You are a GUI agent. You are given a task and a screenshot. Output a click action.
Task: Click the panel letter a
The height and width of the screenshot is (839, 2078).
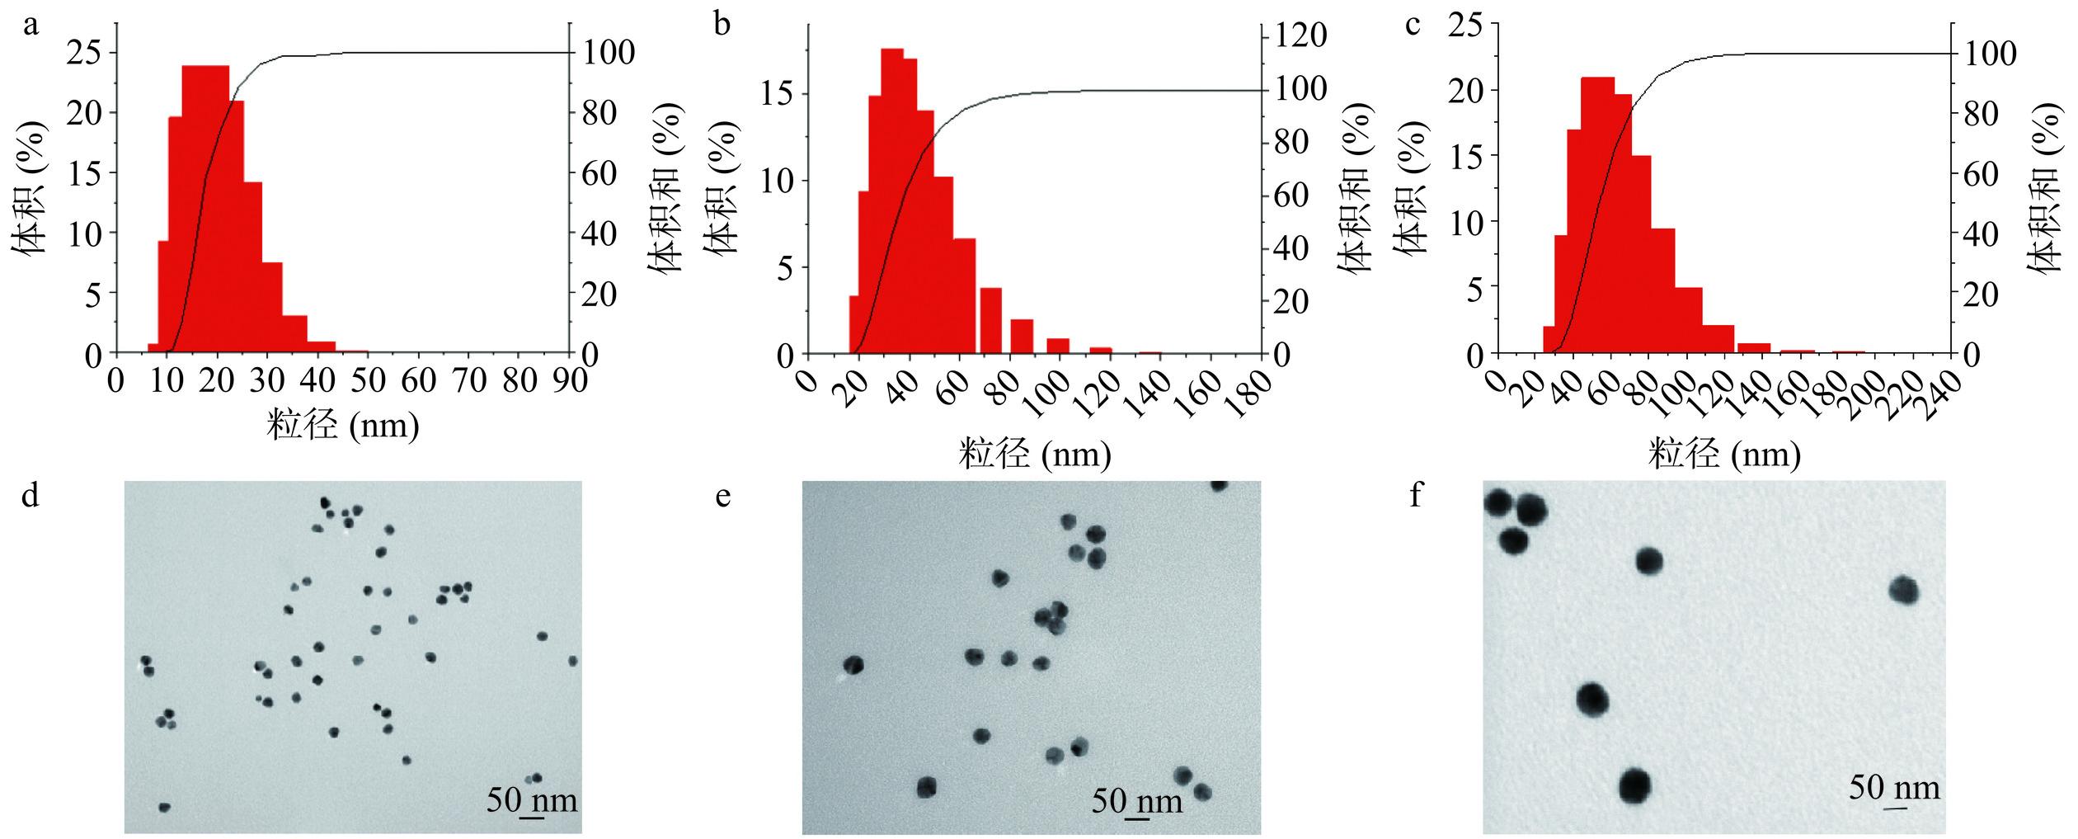[31, 26]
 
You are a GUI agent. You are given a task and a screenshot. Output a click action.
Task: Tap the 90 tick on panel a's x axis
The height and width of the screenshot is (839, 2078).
[569, 382]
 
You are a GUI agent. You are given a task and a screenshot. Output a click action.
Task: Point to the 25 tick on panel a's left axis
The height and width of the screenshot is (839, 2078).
[85, 53]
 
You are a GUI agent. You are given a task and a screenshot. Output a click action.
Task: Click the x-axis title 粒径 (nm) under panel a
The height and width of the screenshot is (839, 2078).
[342, 427]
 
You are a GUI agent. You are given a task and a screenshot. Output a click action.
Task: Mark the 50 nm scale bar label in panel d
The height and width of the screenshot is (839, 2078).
[531, 800]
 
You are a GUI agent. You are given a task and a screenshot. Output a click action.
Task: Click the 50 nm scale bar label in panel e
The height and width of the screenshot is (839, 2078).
[1136, 800]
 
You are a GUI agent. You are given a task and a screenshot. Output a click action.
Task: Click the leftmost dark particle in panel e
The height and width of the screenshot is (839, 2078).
[853, 665]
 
